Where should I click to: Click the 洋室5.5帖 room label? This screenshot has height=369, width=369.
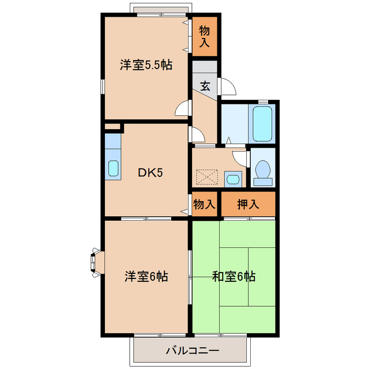pos(146,65)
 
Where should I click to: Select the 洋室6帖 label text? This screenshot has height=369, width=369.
pos(146,276)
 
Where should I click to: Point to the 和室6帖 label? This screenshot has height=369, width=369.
pos(234,276)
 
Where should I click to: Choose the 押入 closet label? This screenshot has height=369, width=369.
pos(248,204)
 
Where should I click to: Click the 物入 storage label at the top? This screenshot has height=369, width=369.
pos(205,36)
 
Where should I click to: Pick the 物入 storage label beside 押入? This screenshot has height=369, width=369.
pos(204,204)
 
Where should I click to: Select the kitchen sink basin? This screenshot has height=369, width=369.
pos(113,168)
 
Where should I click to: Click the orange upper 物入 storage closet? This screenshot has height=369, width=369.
pos(205,36)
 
